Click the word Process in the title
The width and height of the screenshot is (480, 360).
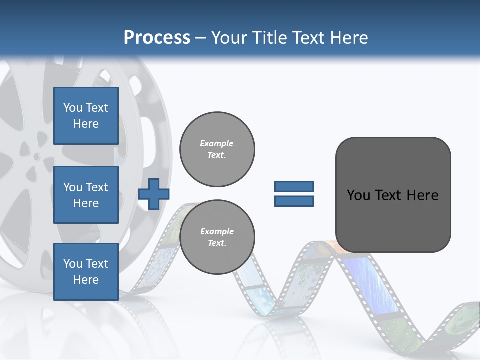(x=157, y=38)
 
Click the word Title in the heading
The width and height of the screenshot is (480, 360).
(x=269, y=38)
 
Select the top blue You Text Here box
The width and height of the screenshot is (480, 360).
(x=86, y=116)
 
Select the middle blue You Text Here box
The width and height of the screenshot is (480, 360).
(x=86, y=195)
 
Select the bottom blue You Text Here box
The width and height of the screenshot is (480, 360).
(x=86, y=271)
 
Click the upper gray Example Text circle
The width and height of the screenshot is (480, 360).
(x=217, y=149)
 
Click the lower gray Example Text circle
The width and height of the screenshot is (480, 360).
(x=217, y=237)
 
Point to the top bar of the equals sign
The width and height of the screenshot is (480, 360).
(x=294, y=186)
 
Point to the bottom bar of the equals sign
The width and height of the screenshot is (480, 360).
(x=294, y=201)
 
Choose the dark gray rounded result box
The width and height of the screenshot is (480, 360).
(x=393, y=195)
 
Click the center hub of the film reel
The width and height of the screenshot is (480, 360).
(x=36, y=157)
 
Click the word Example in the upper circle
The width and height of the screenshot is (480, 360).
(x=217, y=143)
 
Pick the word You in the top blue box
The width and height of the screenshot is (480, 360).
(x=73, y=108)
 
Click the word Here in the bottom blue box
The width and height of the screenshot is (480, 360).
(x=86, y=280)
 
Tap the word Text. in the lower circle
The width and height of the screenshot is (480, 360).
(x=217, y=243)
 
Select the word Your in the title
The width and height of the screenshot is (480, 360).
(x=230, y=38)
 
